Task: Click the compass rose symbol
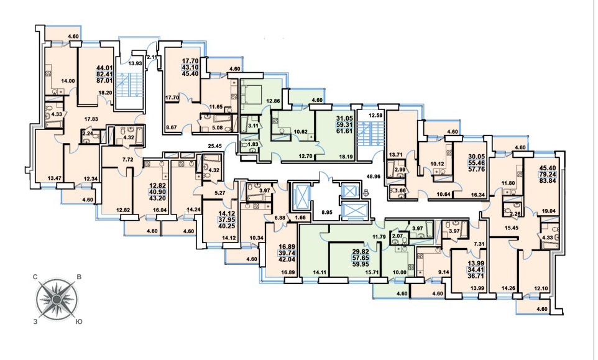(57, 299)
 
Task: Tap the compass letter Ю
(78, 322)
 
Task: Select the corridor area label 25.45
(215, 145)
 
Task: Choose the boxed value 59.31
(344, 125)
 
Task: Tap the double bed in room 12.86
(251, 94)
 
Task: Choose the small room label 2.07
(397, 236)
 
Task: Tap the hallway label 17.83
(91, 119)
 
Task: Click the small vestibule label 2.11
(152, 57)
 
